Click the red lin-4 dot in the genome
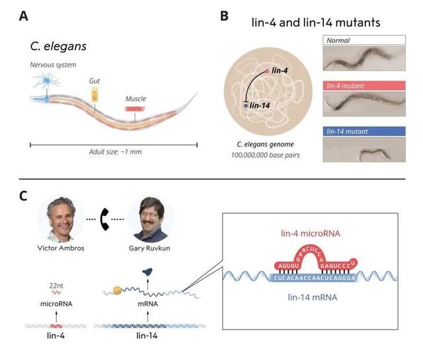pos(267,70)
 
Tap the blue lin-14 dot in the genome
pos(246,105)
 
